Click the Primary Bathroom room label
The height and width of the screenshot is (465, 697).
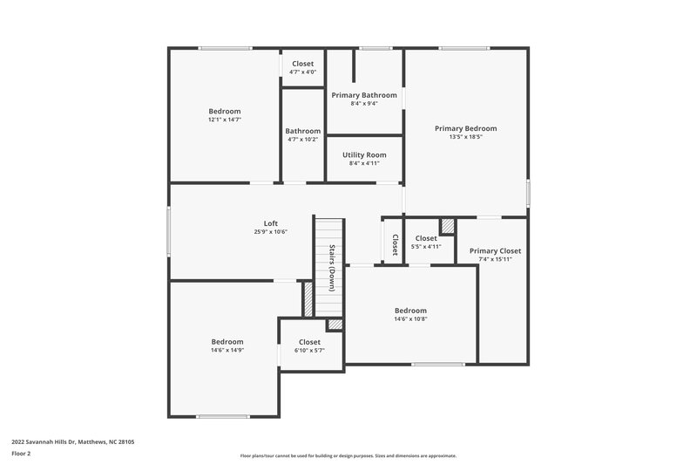(364, 95)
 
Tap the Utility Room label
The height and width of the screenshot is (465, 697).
(364, 154)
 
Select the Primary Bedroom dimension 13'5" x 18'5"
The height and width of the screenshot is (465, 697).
(465, 137)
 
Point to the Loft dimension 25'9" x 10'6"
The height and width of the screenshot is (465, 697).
(270, 232)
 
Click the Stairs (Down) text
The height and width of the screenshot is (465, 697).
(332, 268)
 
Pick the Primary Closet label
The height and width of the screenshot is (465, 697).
(495, 250)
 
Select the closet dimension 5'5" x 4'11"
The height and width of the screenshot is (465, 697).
(426, 247)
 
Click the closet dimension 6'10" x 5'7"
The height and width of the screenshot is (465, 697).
(309, 351)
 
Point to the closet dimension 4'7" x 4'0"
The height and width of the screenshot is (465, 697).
(302, 72)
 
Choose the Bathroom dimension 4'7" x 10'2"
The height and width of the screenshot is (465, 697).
(302, 140)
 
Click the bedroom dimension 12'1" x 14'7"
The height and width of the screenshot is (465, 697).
(224, 120)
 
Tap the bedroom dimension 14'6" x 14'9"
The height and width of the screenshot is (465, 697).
(227, 350)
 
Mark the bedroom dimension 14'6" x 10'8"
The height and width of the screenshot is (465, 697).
(410, 319)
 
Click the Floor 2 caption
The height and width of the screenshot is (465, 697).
(20, 454)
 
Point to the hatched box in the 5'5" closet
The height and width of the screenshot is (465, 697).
(447, 226)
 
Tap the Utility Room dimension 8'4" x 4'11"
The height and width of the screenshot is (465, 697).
(364, 163)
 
